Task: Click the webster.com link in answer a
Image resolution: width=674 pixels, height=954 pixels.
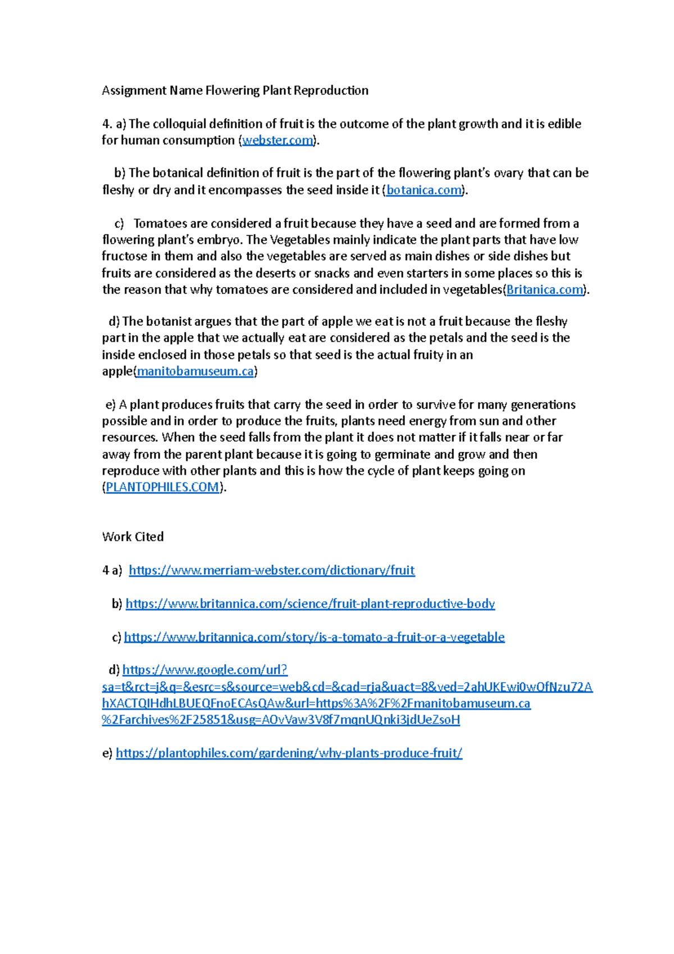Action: click(277, 140)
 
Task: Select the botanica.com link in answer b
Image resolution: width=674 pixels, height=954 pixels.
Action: click(424, 190)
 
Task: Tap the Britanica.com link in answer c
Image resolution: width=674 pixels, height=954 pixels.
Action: click(545, 290)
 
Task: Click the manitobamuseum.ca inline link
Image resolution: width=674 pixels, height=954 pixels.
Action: click(195, 371)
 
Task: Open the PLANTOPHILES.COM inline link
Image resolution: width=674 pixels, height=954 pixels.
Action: click(162, 487)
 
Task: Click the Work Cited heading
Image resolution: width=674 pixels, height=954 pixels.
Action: click(133, 537)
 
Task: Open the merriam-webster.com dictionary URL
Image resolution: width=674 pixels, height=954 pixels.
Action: click(272, 570)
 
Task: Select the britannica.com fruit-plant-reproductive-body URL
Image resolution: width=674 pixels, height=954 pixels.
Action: click(310, 604)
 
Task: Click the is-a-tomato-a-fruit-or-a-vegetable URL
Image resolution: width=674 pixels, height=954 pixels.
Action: click(314, 637)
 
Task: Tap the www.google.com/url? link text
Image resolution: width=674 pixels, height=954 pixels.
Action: click(205, 670)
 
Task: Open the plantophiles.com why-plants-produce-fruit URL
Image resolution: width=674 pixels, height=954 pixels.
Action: click(289, 753)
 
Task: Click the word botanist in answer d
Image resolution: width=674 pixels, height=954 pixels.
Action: click(168, 321)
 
